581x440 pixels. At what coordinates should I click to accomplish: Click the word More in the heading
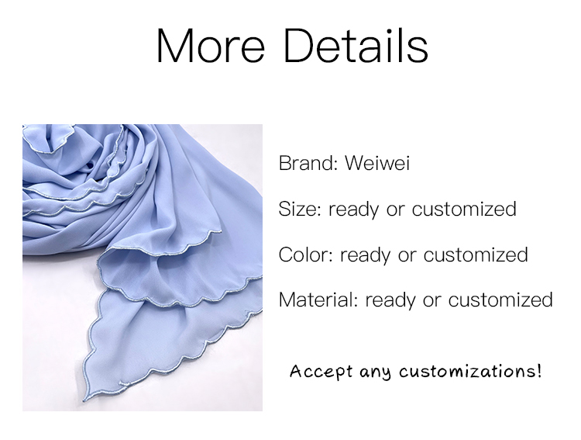pyautogui.click(x=211, y=46)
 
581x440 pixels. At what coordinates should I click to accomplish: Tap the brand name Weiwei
pyautogui.click(x=377, y=163)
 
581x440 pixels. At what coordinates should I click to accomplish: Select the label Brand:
pyautogui.click(x=308, y=163)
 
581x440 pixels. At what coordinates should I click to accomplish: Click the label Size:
pyautogui.click(x=300, y=209)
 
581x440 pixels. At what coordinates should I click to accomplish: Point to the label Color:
pyautogui.click(x=306, y=255)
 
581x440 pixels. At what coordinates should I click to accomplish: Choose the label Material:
pyautogui.click(x=318, y=300)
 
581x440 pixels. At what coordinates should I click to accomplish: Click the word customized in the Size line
pyautogui.click(x=464, y=209)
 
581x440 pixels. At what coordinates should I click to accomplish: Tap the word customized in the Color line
pyautogui.click(x=476, y=255)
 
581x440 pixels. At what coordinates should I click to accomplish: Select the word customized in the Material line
pyautogui.click(x=500, y=300)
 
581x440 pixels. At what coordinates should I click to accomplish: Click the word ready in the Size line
pyautogui.click(x=354, y=210)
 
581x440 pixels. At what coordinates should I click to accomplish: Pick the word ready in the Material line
pyautogui.click(x=390, y=301)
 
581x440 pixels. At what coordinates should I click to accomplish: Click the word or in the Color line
pyautogui.click(x=407, y=256)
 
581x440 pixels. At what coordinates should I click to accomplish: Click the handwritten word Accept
pyautogui.click(x=321, y=371)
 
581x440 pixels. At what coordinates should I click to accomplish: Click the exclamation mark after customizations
pyautogui.click(x=538, y=370)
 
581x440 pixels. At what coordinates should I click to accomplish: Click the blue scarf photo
pyautogui.click(x=143, y=268)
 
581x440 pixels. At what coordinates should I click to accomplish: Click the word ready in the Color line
pyautogui.click(x=366, y=256)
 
